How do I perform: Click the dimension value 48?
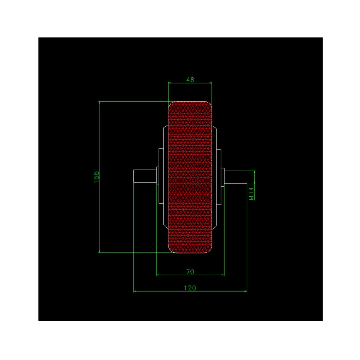[x=190, y=80]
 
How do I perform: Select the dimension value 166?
[x=96, y=177]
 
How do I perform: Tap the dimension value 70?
[x=190, y=272]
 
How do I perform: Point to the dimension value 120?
[x=190, y=288]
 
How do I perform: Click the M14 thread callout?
[x=252, y=193]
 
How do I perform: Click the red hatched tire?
[x=190, y=177]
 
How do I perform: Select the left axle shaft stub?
[x=145, y=176]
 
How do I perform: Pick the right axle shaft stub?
[x=235, y=177]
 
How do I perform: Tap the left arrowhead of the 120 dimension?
[x=135, y=291]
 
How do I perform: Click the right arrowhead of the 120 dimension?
[x=246, y=291]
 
